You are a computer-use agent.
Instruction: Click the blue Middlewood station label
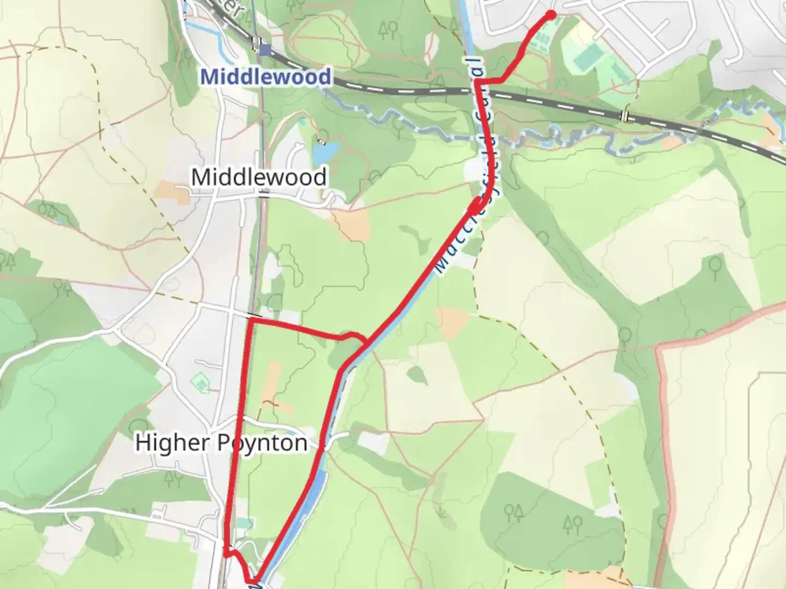(x=265, y=76)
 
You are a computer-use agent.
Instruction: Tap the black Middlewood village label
(x=259, y=177)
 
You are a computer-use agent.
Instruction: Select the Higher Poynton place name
(x=221, y=442)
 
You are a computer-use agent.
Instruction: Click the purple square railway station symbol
(x=265, y=50)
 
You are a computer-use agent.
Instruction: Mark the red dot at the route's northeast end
(x=551, y=15)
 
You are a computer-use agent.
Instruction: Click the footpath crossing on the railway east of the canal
(x=624, y=116)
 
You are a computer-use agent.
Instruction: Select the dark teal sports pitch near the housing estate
(x=585, y=58)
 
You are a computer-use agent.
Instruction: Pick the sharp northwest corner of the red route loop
(x=250, y=320)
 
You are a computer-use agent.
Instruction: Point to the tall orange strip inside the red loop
(x=271, y=382)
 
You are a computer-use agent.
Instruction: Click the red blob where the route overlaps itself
(x=477, y=206)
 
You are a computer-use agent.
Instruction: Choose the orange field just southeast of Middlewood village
(x=352, y=224)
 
